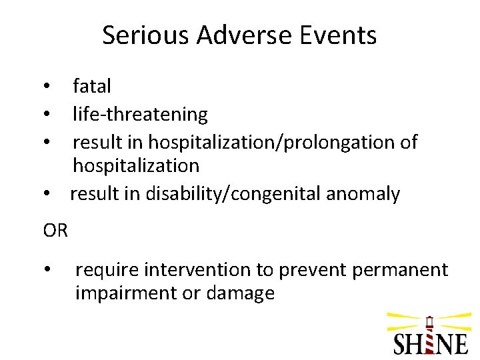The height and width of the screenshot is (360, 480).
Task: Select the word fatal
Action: pos(92,86)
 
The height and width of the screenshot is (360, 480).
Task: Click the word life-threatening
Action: pos(140,115)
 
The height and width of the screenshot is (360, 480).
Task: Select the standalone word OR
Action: pos(55,231)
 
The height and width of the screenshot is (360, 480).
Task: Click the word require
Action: pos(107,270)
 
